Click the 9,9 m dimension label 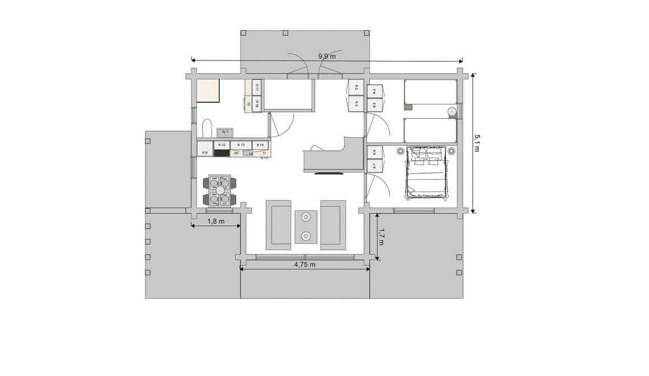[x=327, y=56]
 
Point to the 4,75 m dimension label [x=305, y=265]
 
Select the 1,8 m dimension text [x=216, y=221]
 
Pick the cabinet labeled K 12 [x=222, y=145]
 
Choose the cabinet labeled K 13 [x=241, y=145]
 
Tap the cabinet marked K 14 [x=260, y=145]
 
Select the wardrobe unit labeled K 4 [x=375, y=91]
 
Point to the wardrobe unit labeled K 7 [x=374, y=166]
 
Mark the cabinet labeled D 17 [x=257, y=87]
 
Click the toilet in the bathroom [x=207, y=128]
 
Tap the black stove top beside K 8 [x=222, y=153]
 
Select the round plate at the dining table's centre [x=220, y=191]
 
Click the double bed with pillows [x=426, y=173]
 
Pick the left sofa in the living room [x=278, y=225]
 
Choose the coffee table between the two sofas [x=306, y=227]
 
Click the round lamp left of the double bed [x=401, y=151]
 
